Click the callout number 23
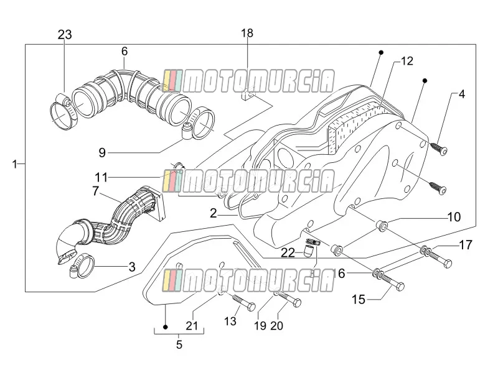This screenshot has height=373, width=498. pyautogui.click(x=65, y=34)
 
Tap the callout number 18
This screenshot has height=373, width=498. pyautogui.click(x=247, y=33)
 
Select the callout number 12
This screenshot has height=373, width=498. pyautogui.click(x=407, y=61)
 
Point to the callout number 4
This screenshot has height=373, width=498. pyautogui.click(x=462, y=94)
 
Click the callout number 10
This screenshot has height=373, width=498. pyautogui.click(x=454, y=217)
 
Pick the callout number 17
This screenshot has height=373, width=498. pyautogui.click(x=466, y=245)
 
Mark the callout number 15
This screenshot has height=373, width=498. pyautogui.click(x=359, y=300)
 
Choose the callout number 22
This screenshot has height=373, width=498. pyautogui.click(x=288, y=253)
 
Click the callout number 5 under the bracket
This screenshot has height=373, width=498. pyautogui.click(x=179, y=344)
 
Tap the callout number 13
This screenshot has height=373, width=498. pyautogui.click(x=230, y=321)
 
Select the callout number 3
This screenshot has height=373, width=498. pyautogui.click(x=132, y=267)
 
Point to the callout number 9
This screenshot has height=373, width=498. pyautogui.click(x=102, y=153)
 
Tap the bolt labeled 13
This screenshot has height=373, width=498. pyautogui.click(x=244, y=303)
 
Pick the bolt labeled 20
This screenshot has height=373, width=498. pyautogui.click(x=289, y=299)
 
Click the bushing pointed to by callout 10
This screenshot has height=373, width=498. pyautogui.click(x=382, y=226)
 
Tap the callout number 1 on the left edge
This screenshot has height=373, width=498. pyautogui.click(x=14, y=164)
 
